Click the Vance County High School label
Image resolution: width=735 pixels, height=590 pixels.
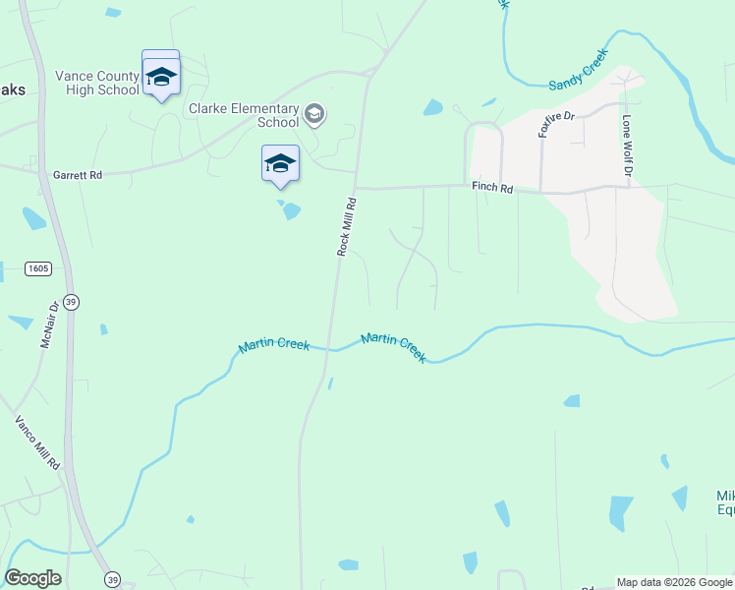[x=97, y=83]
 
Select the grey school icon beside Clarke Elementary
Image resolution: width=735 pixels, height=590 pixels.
[x=314, y=115]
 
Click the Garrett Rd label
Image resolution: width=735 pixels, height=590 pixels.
[x=79, y=175]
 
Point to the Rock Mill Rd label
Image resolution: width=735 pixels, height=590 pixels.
[x=345, y=227]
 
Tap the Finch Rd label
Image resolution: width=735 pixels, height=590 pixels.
[x=493, y=189]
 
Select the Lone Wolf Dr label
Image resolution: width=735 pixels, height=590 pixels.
[x=626, y=147]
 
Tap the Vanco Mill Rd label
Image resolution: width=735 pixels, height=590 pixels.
[x=38, y=442]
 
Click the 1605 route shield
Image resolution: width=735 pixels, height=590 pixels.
[x=39, y=268]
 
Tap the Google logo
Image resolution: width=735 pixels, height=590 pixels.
[x=32, y=578]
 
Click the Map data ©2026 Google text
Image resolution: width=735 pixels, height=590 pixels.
[x=674, y=582]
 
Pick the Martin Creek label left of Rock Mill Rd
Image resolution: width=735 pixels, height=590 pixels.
[x=275, y=346]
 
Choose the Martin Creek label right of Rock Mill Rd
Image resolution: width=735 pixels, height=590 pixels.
[x=393, y=347]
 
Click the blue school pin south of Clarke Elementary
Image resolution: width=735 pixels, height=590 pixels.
[x=280, y=164]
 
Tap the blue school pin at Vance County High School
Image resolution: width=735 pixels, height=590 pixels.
[x=161, y=77]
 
